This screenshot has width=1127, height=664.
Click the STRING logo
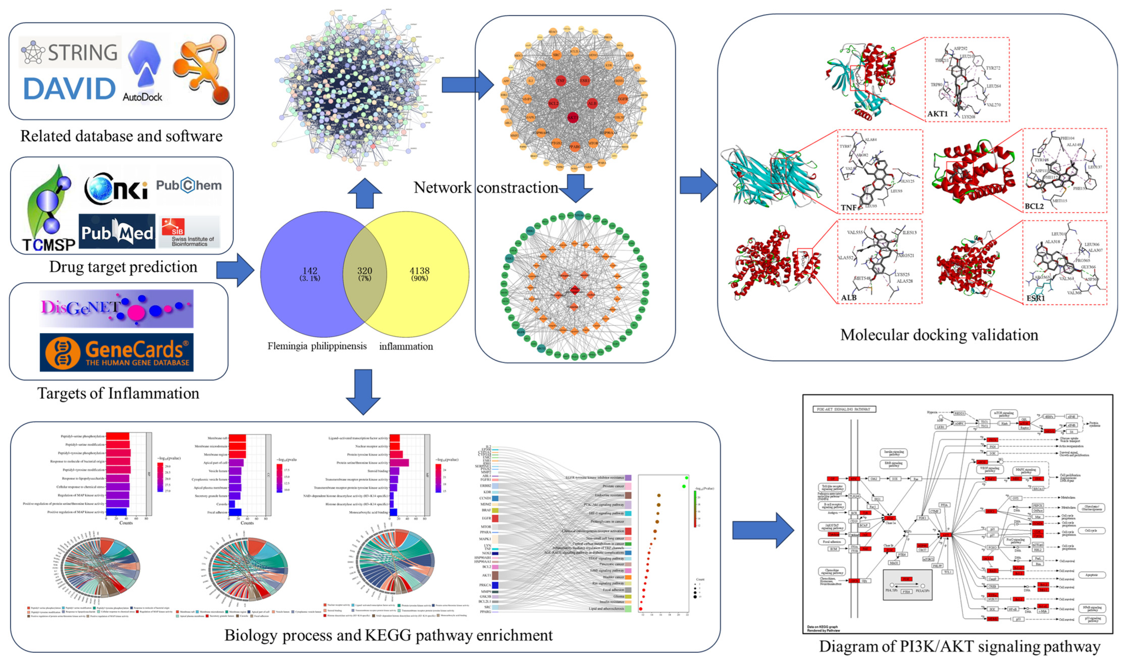pos(70,52)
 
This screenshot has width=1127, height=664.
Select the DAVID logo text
pos(69,89)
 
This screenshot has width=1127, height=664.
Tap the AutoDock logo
pos(143,72)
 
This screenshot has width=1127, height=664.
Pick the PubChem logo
pos(188,185)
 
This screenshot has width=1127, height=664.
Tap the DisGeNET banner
pos(116,308)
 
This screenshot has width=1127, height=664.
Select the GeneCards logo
pos(116,352)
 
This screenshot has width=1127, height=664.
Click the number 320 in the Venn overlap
pos(365,271)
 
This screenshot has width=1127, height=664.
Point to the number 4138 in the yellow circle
pos(419,271)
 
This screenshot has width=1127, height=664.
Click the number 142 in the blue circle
pos(310,271)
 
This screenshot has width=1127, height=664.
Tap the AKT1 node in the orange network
pos(573,118)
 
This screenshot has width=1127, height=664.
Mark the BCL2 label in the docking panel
pos(1034,206)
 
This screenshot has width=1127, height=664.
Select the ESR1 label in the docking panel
pos(1035,298)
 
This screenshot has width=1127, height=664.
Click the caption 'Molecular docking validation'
pos(939,335)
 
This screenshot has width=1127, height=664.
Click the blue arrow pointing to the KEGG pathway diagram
pos(763,530)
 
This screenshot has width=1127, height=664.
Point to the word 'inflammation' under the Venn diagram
pos(406,346)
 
